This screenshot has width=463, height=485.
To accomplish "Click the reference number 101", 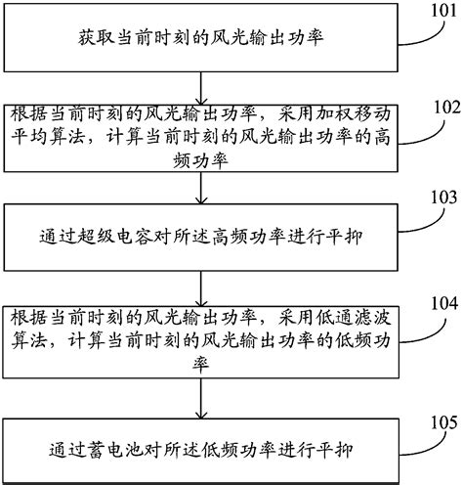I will click(x=436, y=11).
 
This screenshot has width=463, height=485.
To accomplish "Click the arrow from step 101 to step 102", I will click(x=199, y=82).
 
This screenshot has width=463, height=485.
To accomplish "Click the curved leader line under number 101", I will click(x=414, y=28).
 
